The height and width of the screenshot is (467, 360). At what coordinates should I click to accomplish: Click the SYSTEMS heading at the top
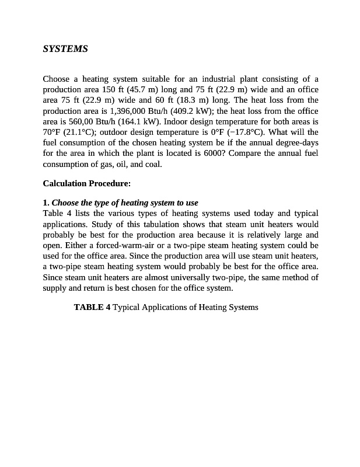point(65,49)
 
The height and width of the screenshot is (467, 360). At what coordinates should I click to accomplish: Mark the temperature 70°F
point(51,132)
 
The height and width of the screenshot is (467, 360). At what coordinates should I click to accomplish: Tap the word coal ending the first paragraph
point(152,163)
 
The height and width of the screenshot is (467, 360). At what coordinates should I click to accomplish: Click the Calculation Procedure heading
point(86,183)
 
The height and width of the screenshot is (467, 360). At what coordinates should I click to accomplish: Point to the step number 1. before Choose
point(46,203)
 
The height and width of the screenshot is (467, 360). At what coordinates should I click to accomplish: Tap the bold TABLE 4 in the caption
point(92,307)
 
